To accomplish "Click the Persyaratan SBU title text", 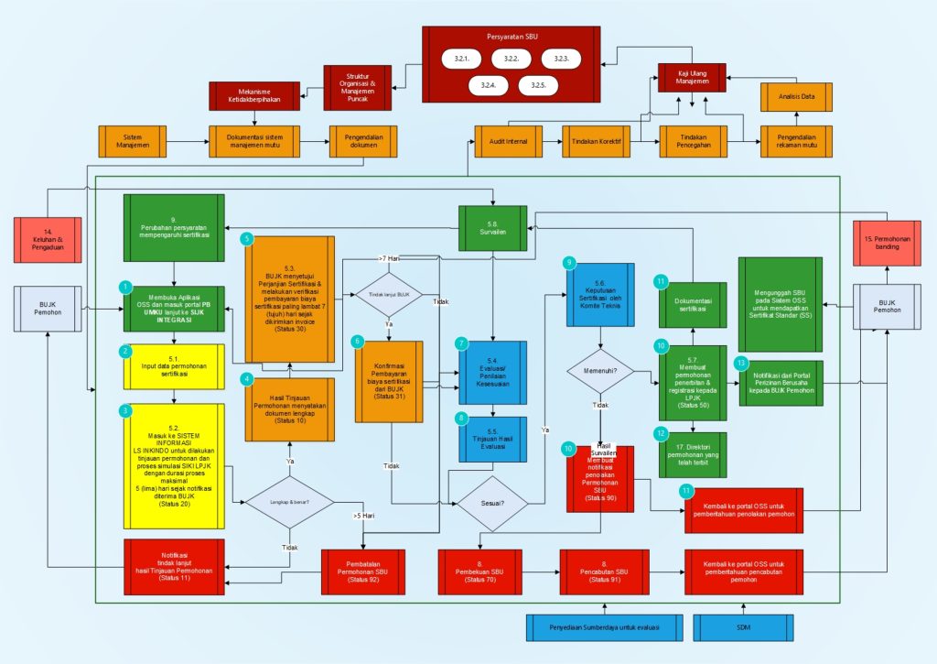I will (x=511, y=37).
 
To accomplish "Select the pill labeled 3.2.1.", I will (x=461, y=60).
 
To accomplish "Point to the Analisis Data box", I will (x=795, y=96).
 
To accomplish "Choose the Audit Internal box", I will (x=502, y=142).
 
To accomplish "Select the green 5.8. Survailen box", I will (x=493, y=227).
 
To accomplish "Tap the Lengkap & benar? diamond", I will (x=289, y=501).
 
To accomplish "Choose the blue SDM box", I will (x=742, y=628).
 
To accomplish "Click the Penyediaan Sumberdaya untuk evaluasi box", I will (x=605, y=628).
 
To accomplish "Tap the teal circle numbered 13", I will (x=741, y=363).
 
